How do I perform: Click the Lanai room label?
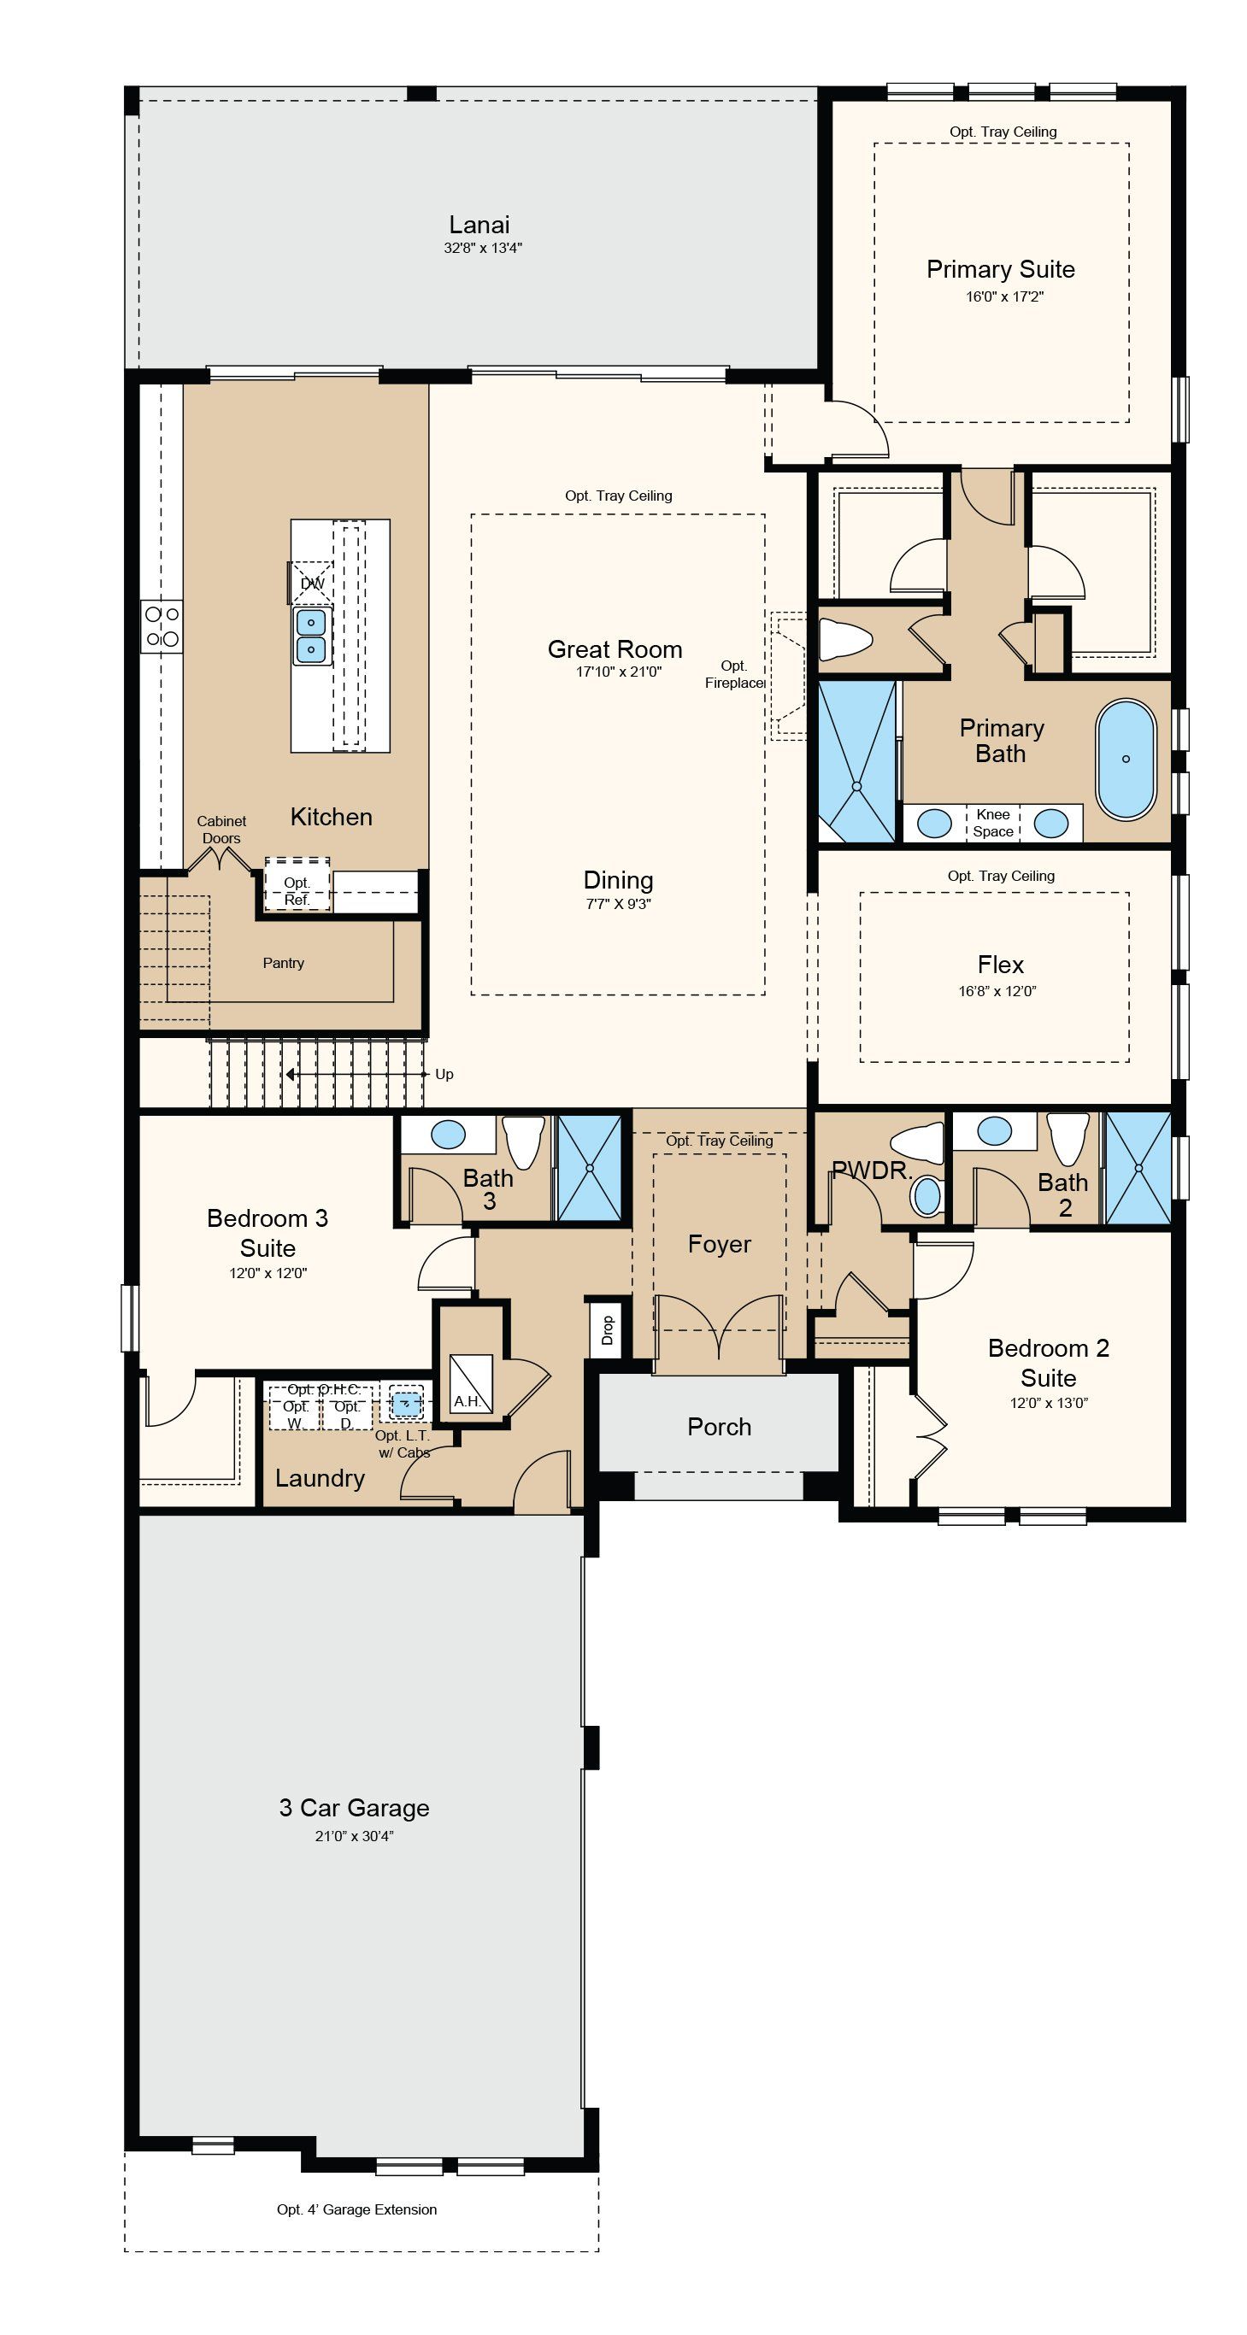tap(479, 225)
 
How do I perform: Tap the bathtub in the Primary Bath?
tap(1126, 760)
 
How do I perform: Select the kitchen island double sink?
tap(311, 636)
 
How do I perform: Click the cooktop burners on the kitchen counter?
tap(162, 626)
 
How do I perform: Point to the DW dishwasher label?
tap(312, 583)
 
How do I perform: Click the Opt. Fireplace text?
tap(734, 674)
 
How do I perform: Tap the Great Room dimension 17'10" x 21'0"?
tap(619, 672)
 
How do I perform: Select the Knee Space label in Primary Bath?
tap(993, 823)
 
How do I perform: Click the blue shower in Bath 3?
tap(590, 1167)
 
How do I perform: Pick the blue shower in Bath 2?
tap(1138, 1167)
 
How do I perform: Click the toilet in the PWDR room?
tap(916, 1143)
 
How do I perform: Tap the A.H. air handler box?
tap(471, 1383)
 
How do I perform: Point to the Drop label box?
tap(607, 1329)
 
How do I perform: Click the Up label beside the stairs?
tap(444, 1074)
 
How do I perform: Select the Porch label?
tap(719, 1427)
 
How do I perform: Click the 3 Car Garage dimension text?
tap(354, 1835)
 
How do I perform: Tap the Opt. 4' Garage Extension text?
tap(356, 2209)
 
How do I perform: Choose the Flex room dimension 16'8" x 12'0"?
tap(997, 991)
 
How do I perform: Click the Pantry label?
tap(283, 963)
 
